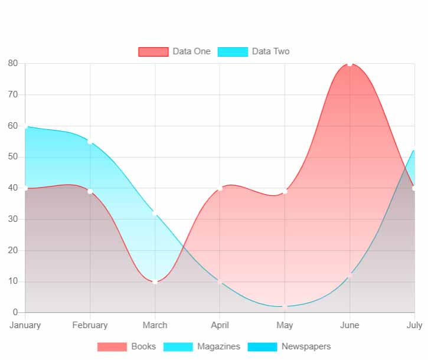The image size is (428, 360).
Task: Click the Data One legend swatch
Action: pyautogui.click(x=153, y=52)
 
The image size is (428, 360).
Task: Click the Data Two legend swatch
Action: pyautogui.click(x=233, y=52)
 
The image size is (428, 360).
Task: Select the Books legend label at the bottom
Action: pyautogui.click(x=143, y=346)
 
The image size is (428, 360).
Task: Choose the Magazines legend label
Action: pyautogui.click(x=218, y=346)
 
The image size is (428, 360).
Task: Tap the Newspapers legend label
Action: pyautogui.click(x=306, y=346)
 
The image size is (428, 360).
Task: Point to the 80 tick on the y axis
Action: pyautogui.click(x=13, y=63)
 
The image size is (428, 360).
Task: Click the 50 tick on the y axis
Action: pyautogui.click(x=13, y=157)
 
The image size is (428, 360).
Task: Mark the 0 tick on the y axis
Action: pyautogui.click(x=16, y=312)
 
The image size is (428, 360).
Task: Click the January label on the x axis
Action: pyautogui.click(x=25, y=325)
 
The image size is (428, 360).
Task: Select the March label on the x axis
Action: pyautogui.click(x=155, y=325)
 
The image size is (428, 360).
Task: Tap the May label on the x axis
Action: pyautogui.click(x=285, y=325)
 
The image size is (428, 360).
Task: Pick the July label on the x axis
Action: pyautogui.click(x=414, y=325)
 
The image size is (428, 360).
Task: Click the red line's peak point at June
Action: pyautogui.click(x=350, y=63)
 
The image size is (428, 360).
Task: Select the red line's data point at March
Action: pyautogui.click(x=155, y=282)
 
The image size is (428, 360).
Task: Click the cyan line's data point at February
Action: pyautogui.click(x=90, y=141)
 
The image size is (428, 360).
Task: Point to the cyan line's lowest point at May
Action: pyautogui.click(x=285, y=306)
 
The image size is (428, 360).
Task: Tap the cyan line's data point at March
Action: pyautogui.click(x=155, y=213)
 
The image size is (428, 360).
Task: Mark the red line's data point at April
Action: pyautogui.click(x=220, y=188)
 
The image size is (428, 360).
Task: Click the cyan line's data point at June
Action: pyautogui.click(x=350, y=275)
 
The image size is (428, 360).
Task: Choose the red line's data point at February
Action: pyautogui.click(x=90, y=191)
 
